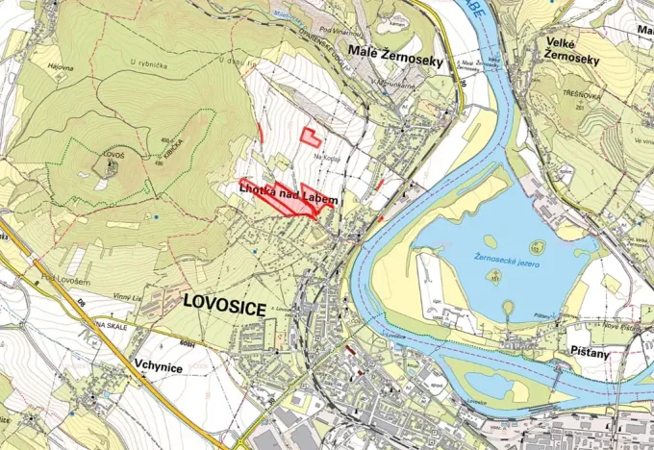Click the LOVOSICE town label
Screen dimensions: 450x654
click(223, 301)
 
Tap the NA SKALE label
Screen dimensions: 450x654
click(113, 326)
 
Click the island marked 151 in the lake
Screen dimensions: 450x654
click(495, 276)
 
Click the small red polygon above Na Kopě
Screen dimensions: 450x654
click(310, 136)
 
